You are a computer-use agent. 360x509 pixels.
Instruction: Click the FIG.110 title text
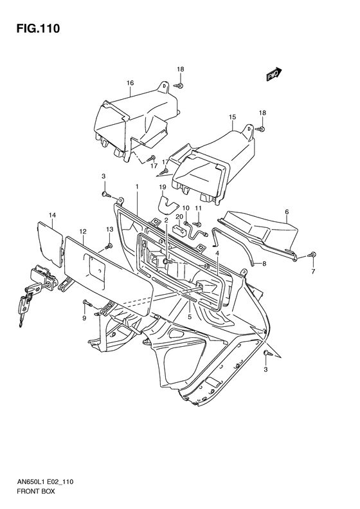point(39,28)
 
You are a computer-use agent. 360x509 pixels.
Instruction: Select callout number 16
point(130,83)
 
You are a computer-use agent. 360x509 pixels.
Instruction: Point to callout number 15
point(232,117)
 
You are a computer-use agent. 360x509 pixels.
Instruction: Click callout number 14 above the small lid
point(53,215)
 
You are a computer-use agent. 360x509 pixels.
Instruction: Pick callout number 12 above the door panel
point(83,231)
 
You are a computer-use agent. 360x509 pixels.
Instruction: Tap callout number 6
point(287,212)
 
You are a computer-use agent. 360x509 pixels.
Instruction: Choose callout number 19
point(163,187)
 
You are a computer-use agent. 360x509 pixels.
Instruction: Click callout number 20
point(179,216)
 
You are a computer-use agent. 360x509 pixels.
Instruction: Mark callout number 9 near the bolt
point(84,318)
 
